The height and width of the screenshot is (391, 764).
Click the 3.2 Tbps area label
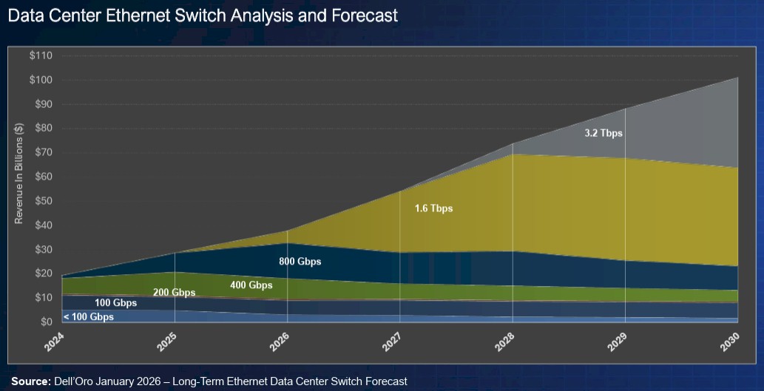point(604,134)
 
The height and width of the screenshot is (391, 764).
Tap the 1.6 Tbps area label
point(433,209)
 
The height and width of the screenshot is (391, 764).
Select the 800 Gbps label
point(300,262)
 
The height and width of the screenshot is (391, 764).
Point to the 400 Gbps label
point(251,285)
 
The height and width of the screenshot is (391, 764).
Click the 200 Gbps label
point(175,293)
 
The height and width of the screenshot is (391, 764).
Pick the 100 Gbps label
point(115,304)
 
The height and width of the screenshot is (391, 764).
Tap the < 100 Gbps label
point(88,317)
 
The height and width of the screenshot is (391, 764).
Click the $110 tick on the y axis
point(40,55)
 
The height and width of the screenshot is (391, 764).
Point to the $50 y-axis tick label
point(42,201)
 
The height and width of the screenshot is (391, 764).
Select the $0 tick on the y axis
point(45,322)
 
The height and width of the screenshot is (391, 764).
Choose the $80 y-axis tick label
point(42,129)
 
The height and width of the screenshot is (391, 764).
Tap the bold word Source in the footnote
point(30,381)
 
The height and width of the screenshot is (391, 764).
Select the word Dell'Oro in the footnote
point(74,381)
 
